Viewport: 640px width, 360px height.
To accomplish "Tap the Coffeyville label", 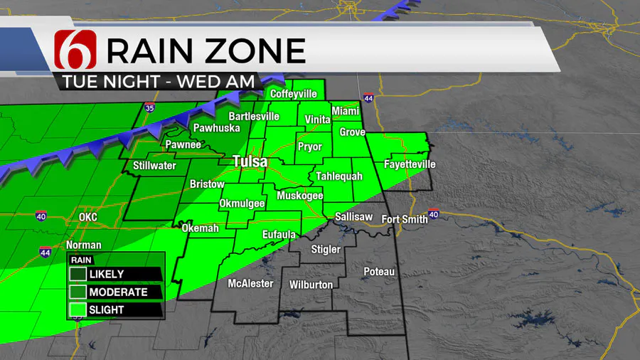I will [293, 94].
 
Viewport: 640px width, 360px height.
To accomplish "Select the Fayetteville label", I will [409, 164].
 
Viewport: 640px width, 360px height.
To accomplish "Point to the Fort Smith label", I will [405, 219].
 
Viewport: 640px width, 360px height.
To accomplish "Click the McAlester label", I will [250, 283].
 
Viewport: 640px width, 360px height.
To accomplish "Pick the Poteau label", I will [378, 272].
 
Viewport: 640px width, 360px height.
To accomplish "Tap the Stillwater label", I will [154, 166].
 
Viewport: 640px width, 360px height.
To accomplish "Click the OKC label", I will [88, 217].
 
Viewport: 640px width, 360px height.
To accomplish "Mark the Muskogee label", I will [300, 196].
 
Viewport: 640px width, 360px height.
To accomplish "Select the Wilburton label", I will [311, 285].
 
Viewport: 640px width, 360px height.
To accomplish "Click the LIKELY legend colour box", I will [78, 274].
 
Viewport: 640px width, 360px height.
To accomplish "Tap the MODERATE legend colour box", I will [78, 292].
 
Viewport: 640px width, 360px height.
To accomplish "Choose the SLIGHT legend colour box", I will [78, 309].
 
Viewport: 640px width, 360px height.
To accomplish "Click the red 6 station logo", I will [75, 51].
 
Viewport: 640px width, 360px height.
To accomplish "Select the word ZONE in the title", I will [257, 51].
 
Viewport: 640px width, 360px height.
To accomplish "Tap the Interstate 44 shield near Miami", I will [368, 98].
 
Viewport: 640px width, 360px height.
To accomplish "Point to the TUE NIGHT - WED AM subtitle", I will [159, 81].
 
